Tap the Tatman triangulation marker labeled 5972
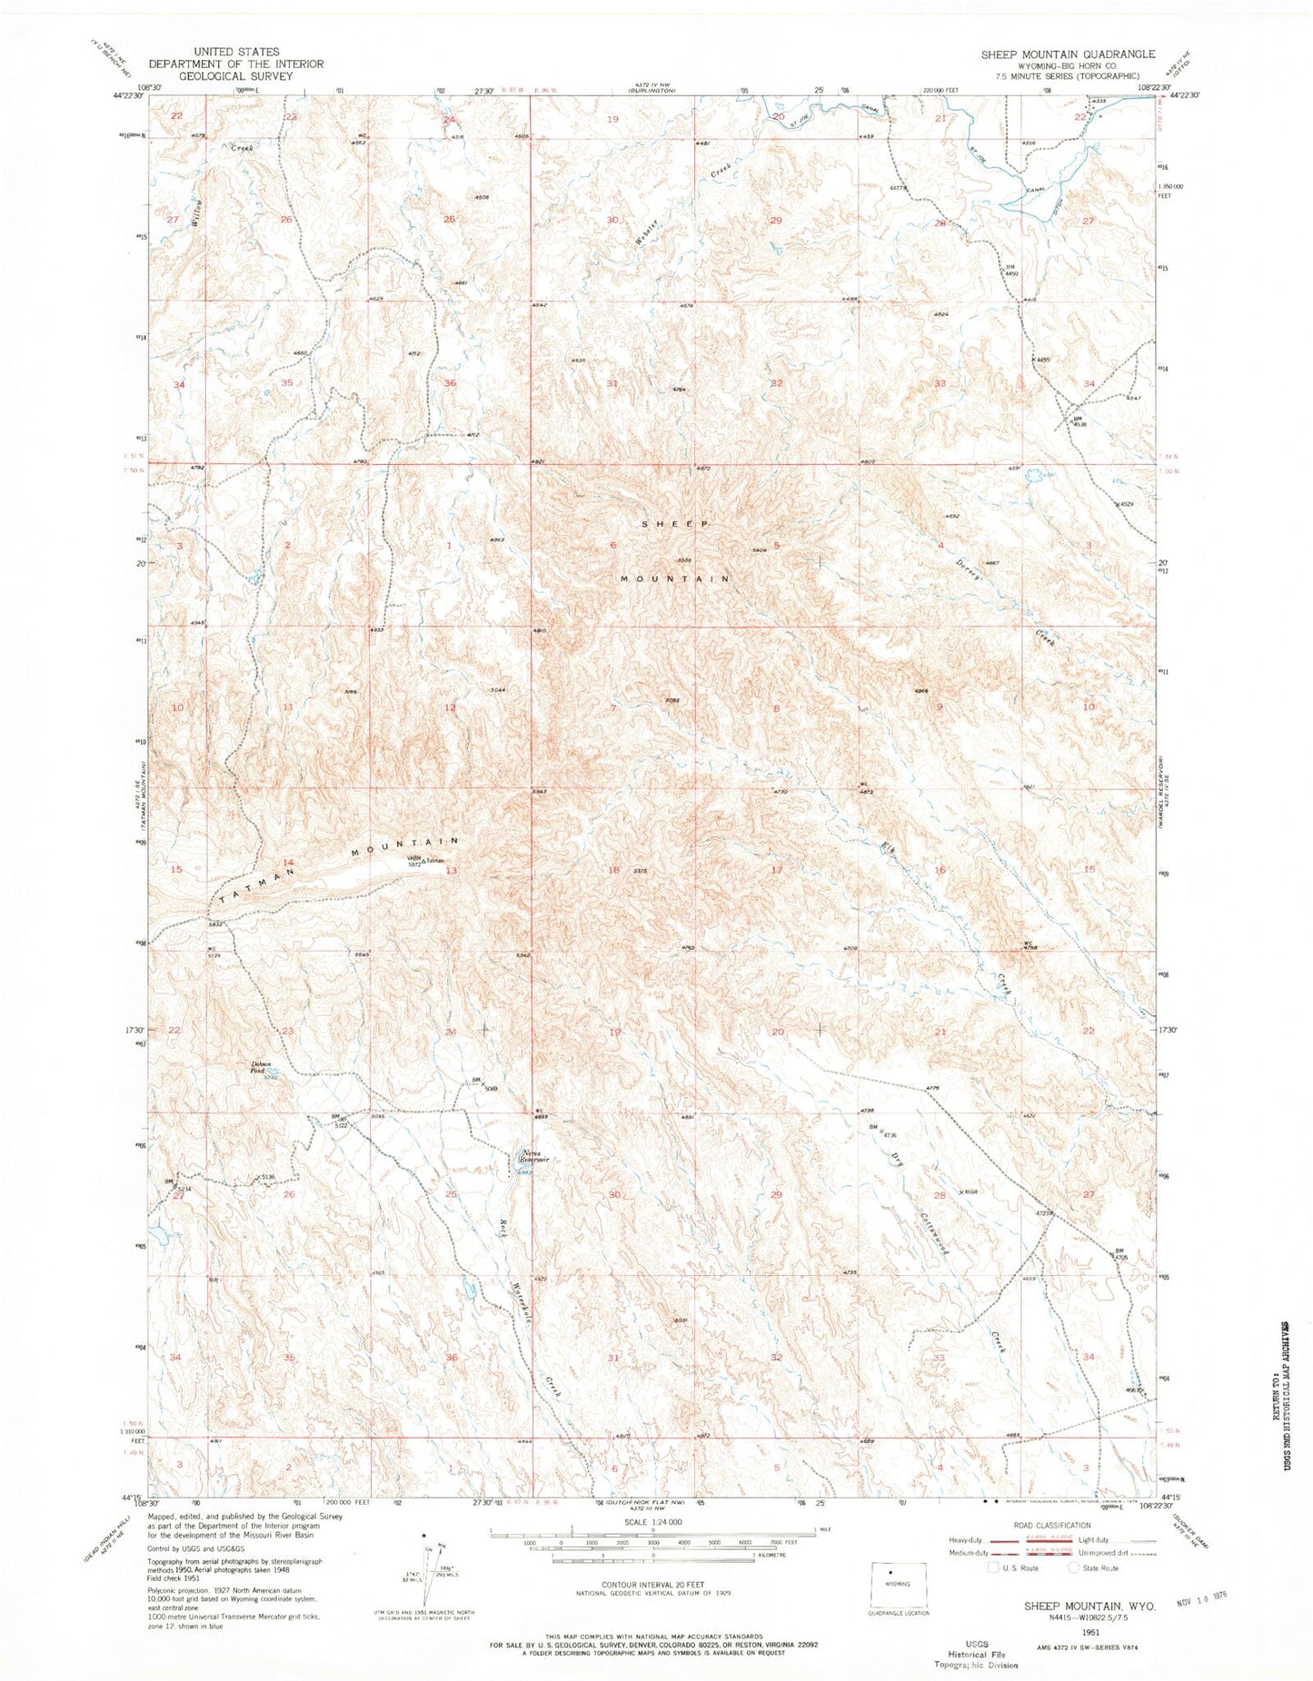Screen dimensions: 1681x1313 [x=423, y=861]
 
